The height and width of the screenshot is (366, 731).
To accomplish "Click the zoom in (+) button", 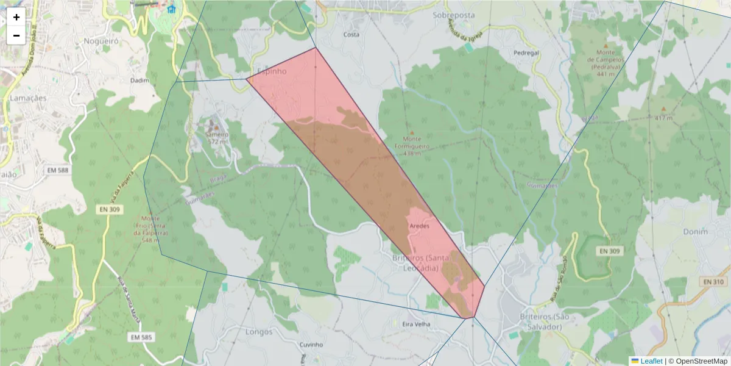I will (16, 17).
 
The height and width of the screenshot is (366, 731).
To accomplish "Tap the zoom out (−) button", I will (16, 35).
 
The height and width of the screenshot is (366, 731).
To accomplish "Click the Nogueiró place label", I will (101, 41).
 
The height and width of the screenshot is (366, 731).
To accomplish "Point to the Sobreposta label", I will (453, 15).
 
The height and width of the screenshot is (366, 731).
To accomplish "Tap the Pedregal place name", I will (526, 53).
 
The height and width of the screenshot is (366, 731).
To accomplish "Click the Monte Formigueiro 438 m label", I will (412, 146).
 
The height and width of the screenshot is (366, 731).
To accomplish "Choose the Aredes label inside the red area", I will (420, 226).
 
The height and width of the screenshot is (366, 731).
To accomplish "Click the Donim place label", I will (696, 232).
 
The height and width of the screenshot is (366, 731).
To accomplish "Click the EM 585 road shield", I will (141, 337).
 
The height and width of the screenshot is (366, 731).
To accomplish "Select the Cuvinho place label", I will (311, 345).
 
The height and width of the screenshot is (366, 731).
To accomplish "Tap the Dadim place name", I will (139, 80).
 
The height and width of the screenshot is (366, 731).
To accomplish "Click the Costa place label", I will (351, 35).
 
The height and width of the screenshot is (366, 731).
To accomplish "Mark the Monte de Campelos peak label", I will (606, 63).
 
